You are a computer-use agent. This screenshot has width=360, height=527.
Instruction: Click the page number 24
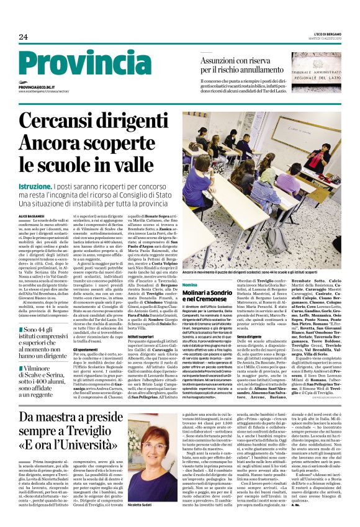[23, 37]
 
